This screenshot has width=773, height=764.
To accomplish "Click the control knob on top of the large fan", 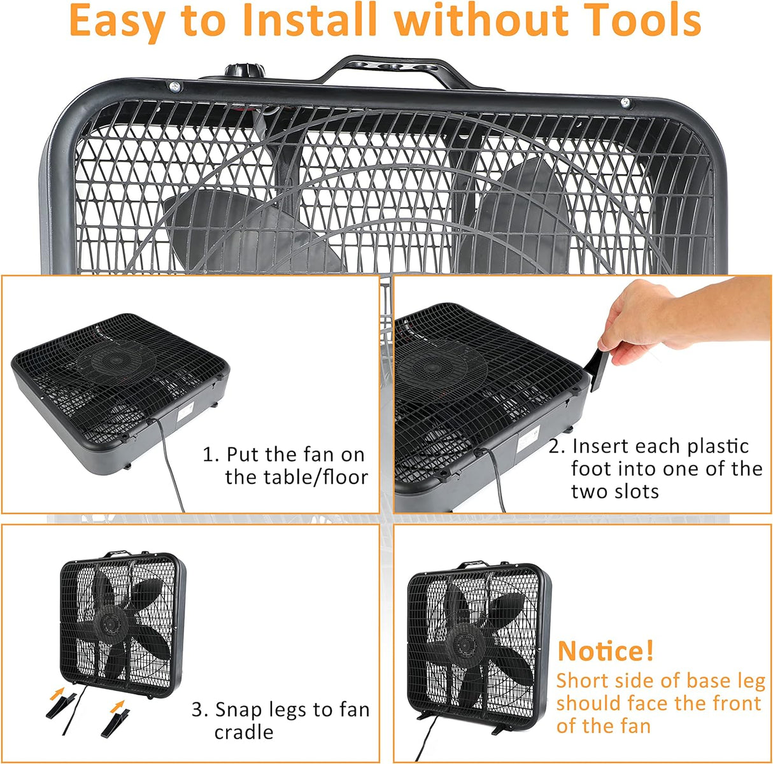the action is tap(245, 71).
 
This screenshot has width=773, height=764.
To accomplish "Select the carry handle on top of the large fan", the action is tap(397, 71).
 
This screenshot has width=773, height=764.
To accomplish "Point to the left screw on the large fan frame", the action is tap(175, 86).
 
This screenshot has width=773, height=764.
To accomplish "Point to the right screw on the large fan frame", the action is tap(625, 103).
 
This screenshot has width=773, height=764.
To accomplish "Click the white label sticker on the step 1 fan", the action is tap(186, 412).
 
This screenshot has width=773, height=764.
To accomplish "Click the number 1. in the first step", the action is tap(211, 455).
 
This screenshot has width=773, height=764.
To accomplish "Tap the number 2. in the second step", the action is tap(557, 446).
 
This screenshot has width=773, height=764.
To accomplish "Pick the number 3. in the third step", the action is tap(200, 710).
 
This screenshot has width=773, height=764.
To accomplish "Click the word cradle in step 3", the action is tap(244, 732).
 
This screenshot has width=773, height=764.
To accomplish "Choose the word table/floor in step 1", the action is tap(297, 478).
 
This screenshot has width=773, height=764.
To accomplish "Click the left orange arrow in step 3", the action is tap(57, 693).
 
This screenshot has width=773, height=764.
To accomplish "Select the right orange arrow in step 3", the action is tap(117, 706).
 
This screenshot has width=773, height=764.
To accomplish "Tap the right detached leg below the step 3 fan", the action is tap(115, 723).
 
